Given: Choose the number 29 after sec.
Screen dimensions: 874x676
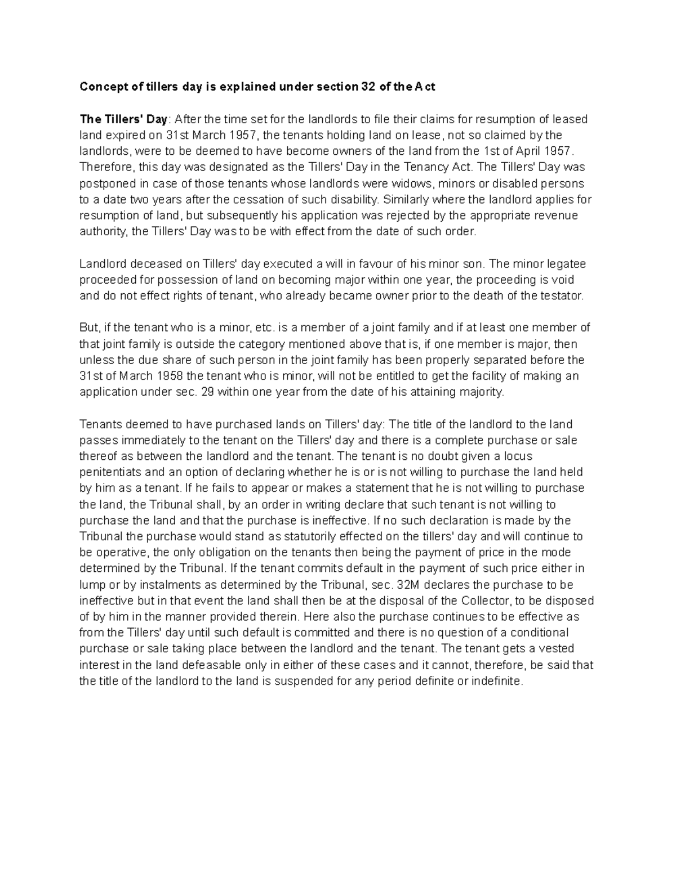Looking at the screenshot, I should click(x=207, y=392).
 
